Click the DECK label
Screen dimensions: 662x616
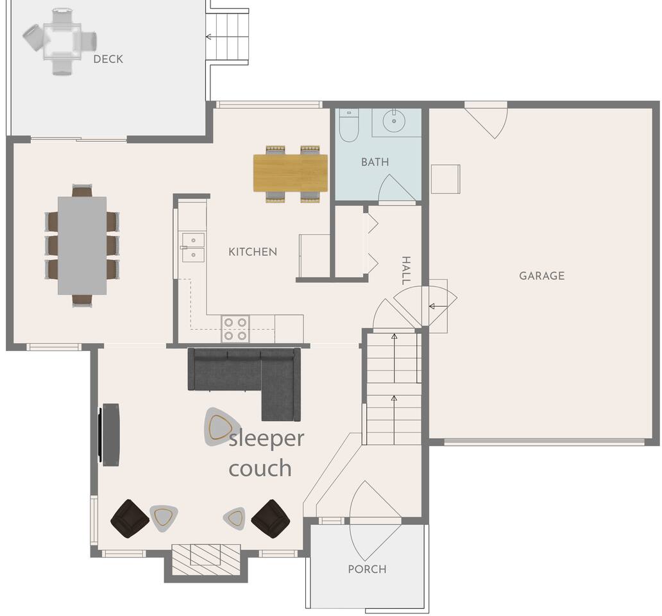tap(108, 59)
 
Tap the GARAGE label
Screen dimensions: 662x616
tap(541, 276)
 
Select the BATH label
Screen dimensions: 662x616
tap(375, 162)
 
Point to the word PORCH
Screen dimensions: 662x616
tap(367, 569)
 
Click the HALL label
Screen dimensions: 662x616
tap(405, 270)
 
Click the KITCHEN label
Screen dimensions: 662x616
tap(253, 252)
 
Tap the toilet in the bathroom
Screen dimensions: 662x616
tap(349, 124)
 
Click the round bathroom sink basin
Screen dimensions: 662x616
tap(394, 121)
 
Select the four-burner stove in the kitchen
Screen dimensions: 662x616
tap(235, 329)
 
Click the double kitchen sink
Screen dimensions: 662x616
tap(193, 247)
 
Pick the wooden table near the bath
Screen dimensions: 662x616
tap(291, 173)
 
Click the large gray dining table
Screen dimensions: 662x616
tap(82, 245)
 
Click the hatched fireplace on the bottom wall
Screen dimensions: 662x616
tap(206, 560)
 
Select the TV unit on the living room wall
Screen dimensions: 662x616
tap(109, 435)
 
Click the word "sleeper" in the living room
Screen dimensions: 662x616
tap(266, 439)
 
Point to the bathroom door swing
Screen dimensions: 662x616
tap(396, 189)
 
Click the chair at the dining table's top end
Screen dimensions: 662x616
tap(82, 191)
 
